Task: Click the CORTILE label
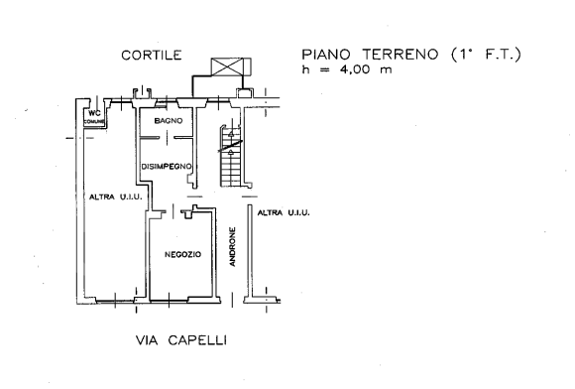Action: coord(152,55)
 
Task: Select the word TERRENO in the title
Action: coord(401,55)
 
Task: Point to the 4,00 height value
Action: coord(355,69)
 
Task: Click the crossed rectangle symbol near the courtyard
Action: coord(231,67)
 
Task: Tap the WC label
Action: coord(94,114)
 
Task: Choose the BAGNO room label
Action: coord(169,121)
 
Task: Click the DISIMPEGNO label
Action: coord(167,167)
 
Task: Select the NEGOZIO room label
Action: coord(182,254)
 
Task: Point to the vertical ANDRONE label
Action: coord(233,247)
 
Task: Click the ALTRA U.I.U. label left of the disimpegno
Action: coord(116,197)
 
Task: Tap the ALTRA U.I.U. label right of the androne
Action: coord(284,212)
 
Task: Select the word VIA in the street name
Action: coord(147,340)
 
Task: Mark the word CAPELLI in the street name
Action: coord(197,340)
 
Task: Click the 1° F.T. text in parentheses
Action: coord(486,55)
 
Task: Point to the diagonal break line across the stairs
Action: coord(231,145)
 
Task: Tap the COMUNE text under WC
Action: coord(94,122)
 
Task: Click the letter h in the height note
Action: coord(305,69)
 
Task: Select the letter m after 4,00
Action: coord(386,70)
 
